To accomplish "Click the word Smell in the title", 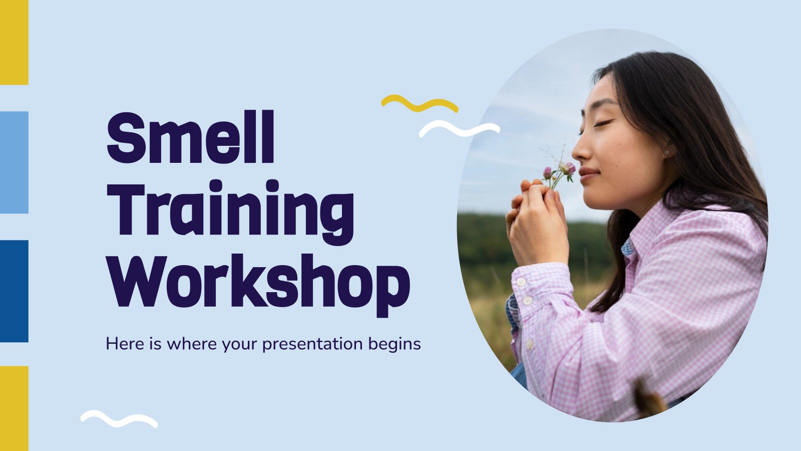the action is coord(191,137).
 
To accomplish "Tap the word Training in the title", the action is coord(230,212).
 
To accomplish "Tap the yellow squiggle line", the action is coord(420,103).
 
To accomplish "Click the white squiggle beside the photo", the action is coord(460,129).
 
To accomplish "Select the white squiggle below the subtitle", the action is coord(119,419).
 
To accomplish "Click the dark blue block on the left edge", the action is coord(14,291).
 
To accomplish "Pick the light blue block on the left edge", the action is coord(14,162).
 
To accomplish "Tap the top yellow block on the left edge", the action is coord(14,42).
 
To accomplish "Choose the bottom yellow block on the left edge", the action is coord(14,408).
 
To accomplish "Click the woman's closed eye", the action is coord(604,123).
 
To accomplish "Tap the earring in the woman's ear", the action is coord(667,152).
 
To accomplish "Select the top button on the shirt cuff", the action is coord(521,282).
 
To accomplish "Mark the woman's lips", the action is coord(587,174).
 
